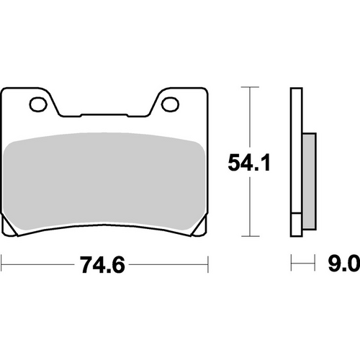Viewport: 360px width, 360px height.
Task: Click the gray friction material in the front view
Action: pyautogui.click(x=104, y=180)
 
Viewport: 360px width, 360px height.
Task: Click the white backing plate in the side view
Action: pyautogui.click(x=295, y=158)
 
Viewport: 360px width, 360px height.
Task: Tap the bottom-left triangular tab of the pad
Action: pyautogui.click(x=12, y=229)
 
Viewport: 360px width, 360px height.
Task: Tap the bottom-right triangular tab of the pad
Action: pyautogui.click(x=196, y=229)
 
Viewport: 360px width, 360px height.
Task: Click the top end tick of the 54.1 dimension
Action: pyautogui.click(x=249, y=88)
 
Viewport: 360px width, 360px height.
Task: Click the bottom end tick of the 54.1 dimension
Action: pyautogui.click(x=249, y=236)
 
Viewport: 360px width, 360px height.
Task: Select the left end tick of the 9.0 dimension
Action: pyautogui.click(x=291, y=264)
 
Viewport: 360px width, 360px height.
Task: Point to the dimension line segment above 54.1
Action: pyautogui.click(x=249, y=119)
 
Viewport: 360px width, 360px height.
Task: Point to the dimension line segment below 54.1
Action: pyautogui.click(x=249, y=209)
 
